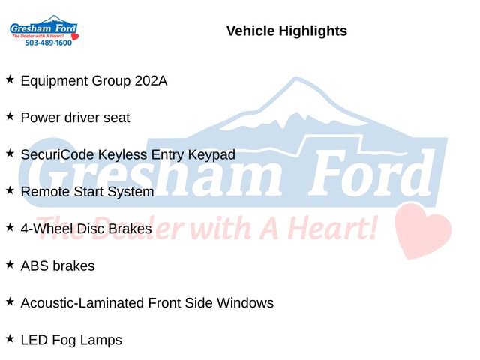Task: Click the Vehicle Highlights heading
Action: pyautogui.click(x=286, y=31)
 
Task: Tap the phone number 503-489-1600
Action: pyautogui.click(x=48, y=43)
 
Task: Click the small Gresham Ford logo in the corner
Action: pyautogui.click(x=43, y=29)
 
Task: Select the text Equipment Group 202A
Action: pyautogui.click(x=94, y=80)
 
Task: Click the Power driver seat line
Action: pyautogui.click(x=75, y=118)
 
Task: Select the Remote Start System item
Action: pyautogui.click(x=87, y=192)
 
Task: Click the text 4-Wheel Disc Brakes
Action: pyautogui.click(x=86, y=229)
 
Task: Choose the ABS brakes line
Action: pyautogui.click(x=58, y=265)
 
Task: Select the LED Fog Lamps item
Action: pyautogui.click(x=71, y=340)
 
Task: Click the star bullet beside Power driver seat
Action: pyautogui.click(x=10, y=116)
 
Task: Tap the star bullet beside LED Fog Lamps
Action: pyautogui.click(x=10, y=338)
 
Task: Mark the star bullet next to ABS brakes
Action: pyautogui.click(x=10, y=264)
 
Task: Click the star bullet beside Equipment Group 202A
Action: pyautogui.click(x=10, y=79)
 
